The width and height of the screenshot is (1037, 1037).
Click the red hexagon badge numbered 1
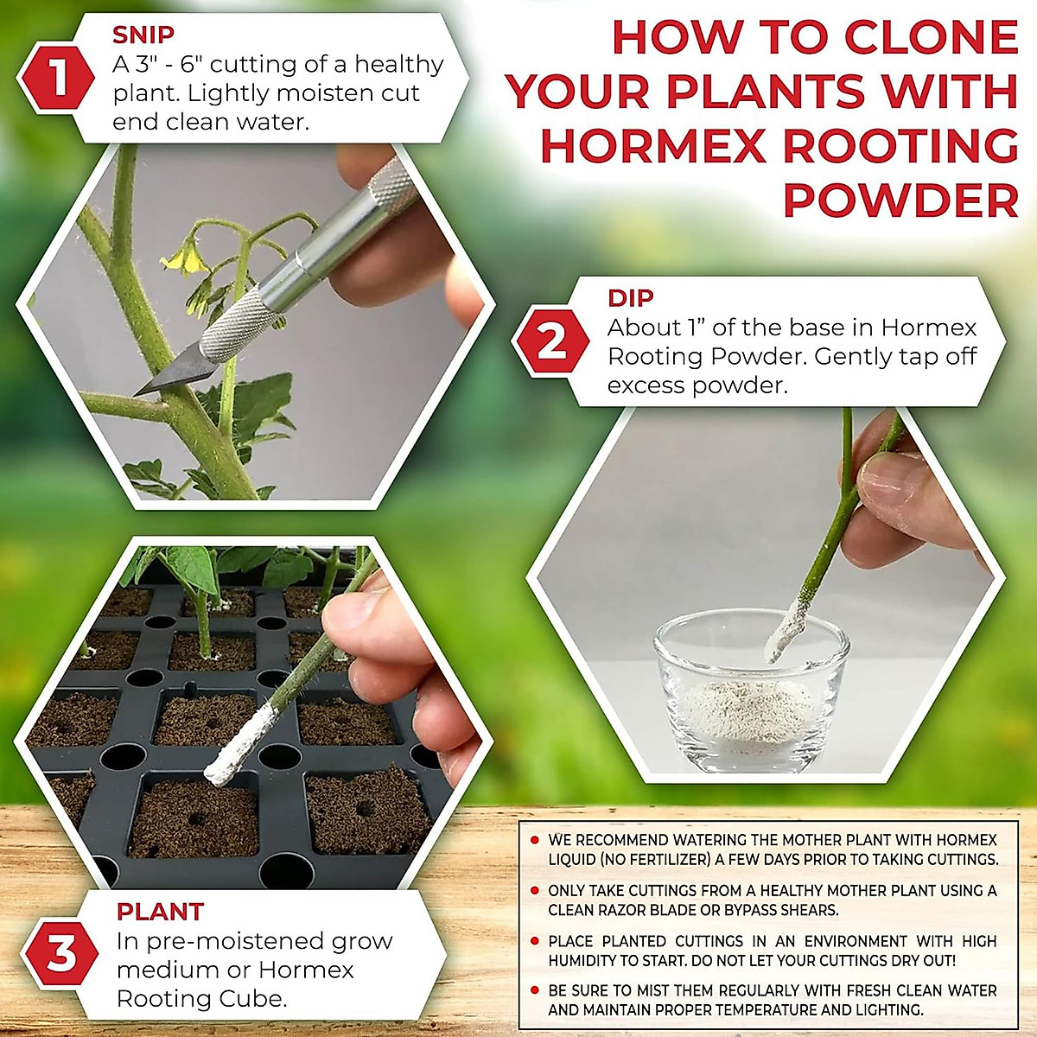point(57,80)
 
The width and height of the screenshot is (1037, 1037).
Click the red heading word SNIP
point(143,35)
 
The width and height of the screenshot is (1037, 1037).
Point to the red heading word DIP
point(631,298)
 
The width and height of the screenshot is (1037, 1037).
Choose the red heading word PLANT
point(161,912)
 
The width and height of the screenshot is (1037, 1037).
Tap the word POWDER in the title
point(900,200)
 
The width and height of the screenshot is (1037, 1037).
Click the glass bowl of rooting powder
point(748,691)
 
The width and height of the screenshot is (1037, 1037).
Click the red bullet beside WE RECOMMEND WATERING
point(535,840)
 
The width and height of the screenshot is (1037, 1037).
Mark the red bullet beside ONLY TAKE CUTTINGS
point(535,890)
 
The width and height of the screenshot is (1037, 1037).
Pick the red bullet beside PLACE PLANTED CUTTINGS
point(535,941)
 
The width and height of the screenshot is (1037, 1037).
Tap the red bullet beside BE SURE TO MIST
point(535,990)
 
